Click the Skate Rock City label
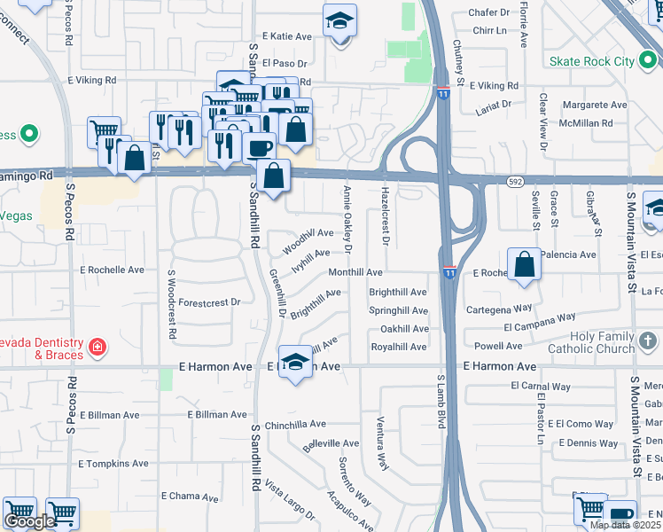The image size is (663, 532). tap(592, 61)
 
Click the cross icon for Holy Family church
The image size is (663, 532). tap(649, 340)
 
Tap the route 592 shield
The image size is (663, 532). tap(516, 181)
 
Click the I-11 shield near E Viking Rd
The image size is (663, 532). tap(442, 93)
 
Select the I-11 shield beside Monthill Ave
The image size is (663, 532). tap(449, 273)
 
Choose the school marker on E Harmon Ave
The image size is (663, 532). tap(295, 362)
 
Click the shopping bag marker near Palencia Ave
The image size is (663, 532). tap(525, 264)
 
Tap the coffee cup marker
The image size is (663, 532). tap(259, 146)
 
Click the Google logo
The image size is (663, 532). tap(29, 521)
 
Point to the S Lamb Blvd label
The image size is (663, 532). tap(440, 402)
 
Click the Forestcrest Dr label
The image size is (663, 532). tap(209, 302)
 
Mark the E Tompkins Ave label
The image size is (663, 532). tap(113, 464)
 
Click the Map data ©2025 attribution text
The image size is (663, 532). tap(625, 525)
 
